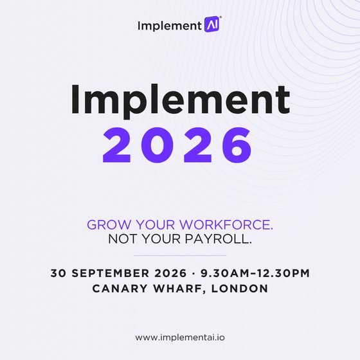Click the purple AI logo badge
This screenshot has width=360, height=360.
212,24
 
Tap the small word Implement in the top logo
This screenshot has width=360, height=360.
170,26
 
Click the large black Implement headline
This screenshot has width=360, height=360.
181,100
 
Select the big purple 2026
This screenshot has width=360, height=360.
177,145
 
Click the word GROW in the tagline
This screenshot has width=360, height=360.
109,224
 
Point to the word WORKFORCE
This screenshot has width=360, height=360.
226,224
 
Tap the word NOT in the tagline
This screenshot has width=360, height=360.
123,239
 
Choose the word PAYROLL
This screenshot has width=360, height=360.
218,239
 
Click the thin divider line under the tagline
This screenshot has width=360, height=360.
180,255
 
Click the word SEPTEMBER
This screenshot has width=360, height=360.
110,273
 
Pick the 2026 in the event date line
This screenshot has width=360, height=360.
170,273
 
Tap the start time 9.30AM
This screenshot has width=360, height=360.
225,273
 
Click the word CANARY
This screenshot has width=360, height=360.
120,289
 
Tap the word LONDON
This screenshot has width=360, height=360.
239,289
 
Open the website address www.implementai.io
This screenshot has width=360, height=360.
180,337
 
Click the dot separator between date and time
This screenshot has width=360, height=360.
194,273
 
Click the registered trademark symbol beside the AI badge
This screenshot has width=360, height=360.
221,17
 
